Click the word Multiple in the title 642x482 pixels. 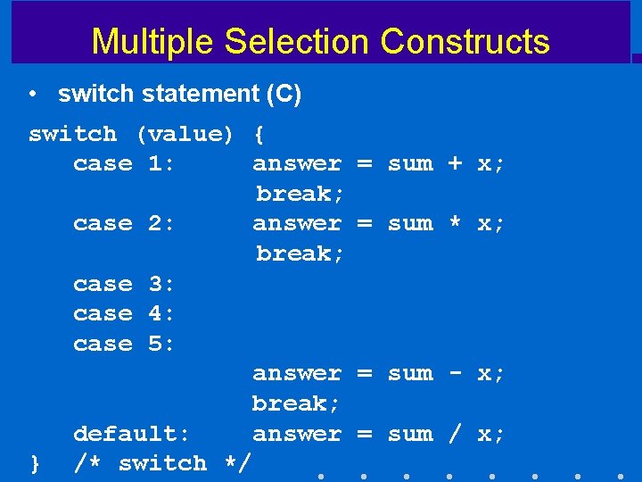pyautogui.click(x=152, y=42)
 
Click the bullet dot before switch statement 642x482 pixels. pyautogui.click(x=33, y=94)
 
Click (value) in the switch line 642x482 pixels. pyautogui.click(x=185, y=135)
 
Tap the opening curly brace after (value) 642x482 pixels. pyautogui.click(x=259, y=135)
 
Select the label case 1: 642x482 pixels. pyautogui.click(x=124, y=164)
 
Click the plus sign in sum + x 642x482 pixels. pyautogui.click(x=455, y=164)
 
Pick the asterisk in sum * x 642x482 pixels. pyautogui.click(x=455, y=224)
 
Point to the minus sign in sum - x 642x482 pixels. pyautogui.click(x=455, y=373)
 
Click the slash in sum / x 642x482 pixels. pyautogui.click(x=455, y=434)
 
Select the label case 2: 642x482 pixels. pyautogui.click(x=124, y=224)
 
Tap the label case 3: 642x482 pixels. pyautogui.click(x=124, y=284)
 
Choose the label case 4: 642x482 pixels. pyautogui.click(x=124, y=314)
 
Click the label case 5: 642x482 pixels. pyautogui.click(x=124, y=344)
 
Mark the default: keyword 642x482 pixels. pyautogui.click(x=132, y=434)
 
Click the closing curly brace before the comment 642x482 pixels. pyautogui.click(x=35, y=463)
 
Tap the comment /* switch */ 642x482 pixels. pyautogui.click(x=162, y=463)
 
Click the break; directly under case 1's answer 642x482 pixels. pyautogui.click(x=300, y=194)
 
